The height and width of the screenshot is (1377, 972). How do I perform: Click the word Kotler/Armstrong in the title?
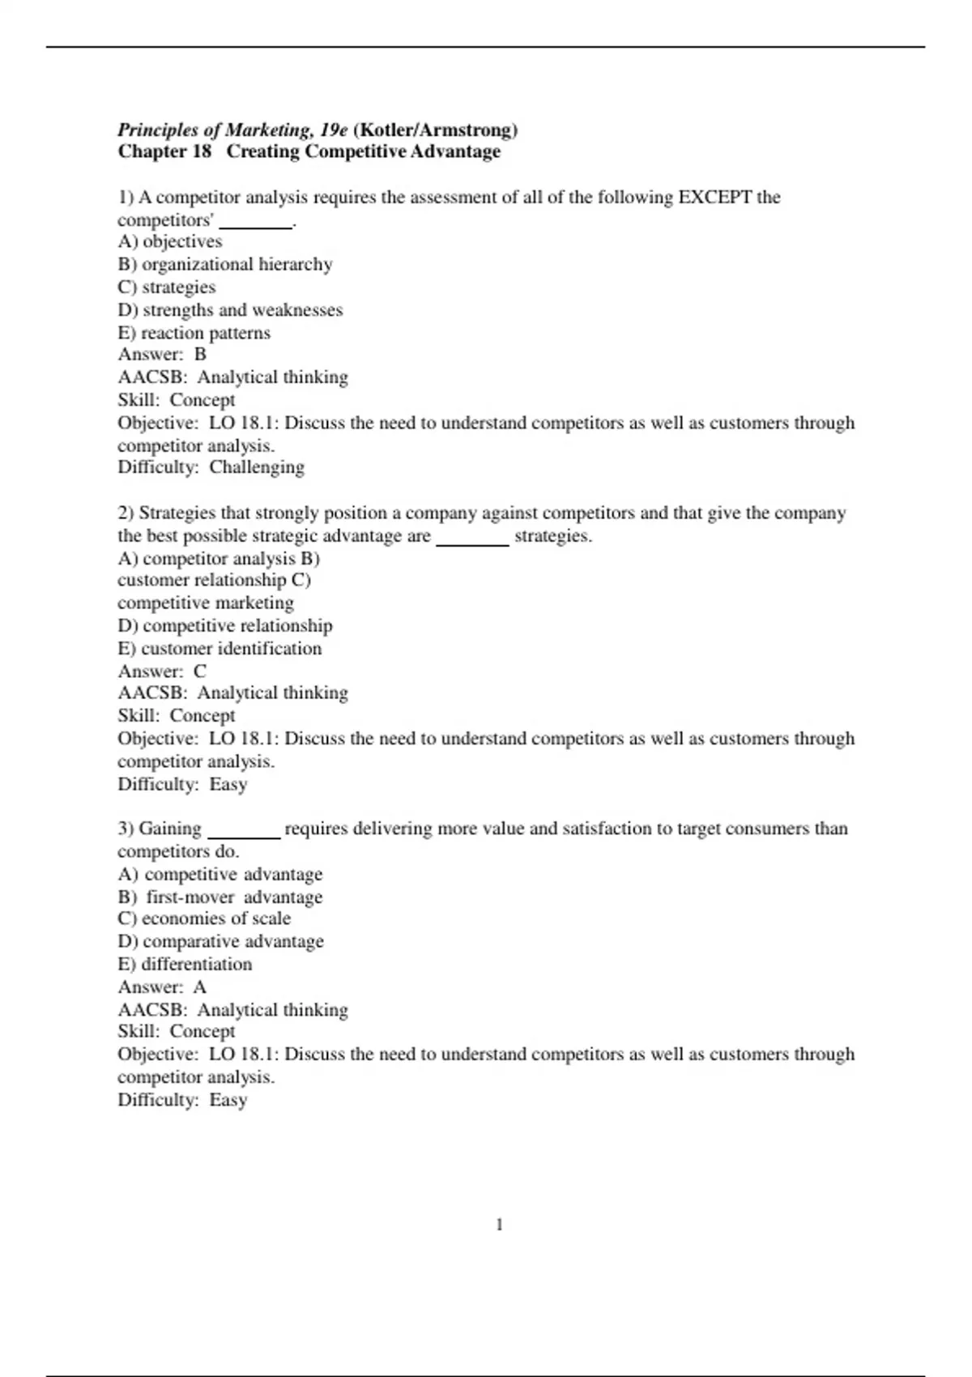[436, 130]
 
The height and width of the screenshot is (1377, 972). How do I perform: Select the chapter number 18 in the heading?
[202, 151]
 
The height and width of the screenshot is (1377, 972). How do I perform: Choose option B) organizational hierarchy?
[225, 265]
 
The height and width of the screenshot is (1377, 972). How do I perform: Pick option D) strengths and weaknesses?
[230, 310]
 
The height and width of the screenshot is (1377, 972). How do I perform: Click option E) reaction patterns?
[194, 333]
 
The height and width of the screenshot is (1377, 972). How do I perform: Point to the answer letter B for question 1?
[201, 355]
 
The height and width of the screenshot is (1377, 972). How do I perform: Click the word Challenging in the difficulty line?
[257, 467]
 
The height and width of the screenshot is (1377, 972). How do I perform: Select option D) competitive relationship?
[225, 626]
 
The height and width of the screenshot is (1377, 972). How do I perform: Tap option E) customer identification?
[220, 649]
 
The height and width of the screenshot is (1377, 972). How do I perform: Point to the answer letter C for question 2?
[200, 671]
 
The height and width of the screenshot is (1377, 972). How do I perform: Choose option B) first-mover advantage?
[220, 897]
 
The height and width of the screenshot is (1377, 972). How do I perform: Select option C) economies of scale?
[204, 919]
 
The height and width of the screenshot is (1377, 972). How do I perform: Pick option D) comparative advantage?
[220, 941]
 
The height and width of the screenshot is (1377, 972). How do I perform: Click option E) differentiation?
[185, 965]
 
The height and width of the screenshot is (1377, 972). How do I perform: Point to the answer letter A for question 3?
[200, 987]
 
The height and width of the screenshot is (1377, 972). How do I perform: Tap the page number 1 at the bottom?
[499, 1225]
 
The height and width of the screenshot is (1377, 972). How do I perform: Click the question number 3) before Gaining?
[126, 829]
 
